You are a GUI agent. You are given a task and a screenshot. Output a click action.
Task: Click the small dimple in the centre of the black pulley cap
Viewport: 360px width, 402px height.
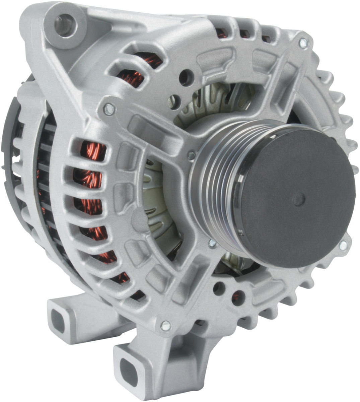tap(299, 199)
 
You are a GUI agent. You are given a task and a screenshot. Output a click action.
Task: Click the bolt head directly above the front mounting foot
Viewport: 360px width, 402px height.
tap(165, 325)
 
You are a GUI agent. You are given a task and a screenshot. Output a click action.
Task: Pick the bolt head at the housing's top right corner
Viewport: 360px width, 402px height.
tap(303, 43)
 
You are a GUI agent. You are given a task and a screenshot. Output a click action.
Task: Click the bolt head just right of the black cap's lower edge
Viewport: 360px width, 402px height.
tap(343, 246)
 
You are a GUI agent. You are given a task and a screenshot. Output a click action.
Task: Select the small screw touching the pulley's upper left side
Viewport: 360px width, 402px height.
tap(191, 155)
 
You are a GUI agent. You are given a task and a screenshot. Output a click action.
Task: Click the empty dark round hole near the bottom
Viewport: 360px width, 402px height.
tap(219, 288)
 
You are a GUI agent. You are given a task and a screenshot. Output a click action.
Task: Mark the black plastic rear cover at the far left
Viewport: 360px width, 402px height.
tap(10, 134)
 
